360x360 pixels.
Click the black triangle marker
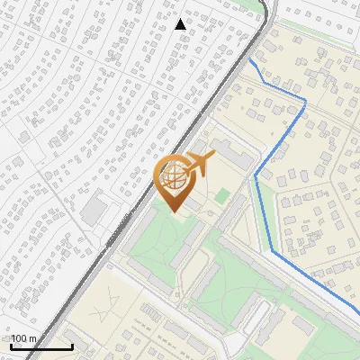tap(181, 24)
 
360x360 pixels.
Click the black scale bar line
tap(41, 346)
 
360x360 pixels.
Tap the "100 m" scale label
tap(25, 338)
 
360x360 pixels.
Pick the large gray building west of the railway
tap(93, 211)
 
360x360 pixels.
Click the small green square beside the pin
tap(221, 195)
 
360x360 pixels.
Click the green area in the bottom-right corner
tap(346, 346)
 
